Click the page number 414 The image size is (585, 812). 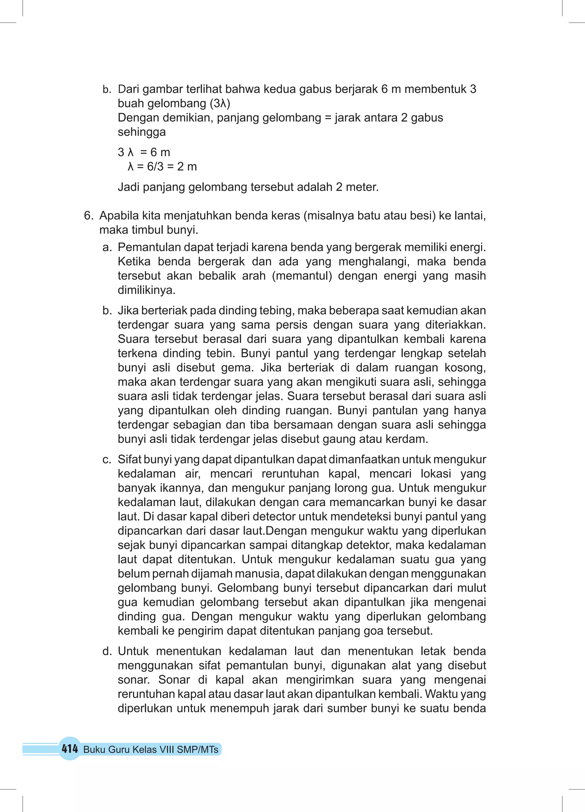[x=70, y=749]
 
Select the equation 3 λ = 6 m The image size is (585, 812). [x=144, y=152]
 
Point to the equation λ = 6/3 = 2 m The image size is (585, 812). [x=162, y=167]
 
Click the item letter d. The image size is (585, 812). [x=107, y=651]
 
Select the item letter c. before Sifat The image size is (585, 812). [x=107, y=460]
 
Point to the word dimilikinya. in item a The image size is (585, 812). [x=147, y=290]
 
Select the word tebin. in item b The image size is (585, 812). [x=221, y=353]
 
